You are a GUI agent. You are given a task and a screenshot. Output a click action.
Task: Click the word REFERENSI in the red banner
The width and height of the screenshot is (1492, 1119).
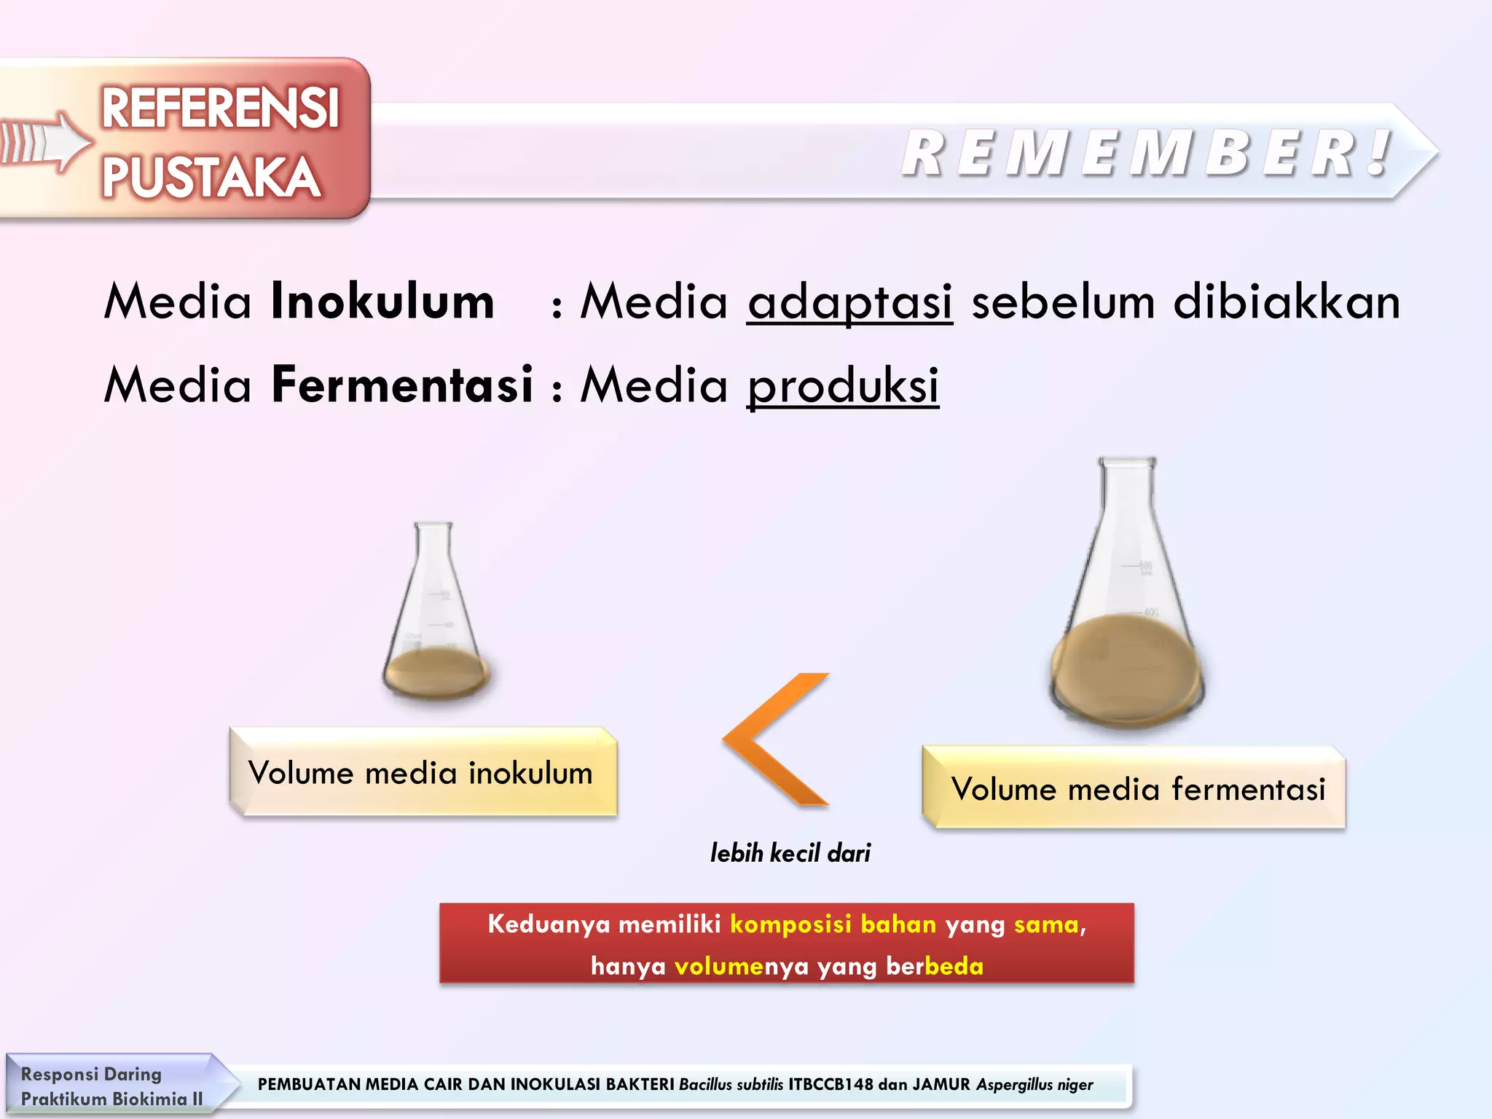click(x=220, y=109)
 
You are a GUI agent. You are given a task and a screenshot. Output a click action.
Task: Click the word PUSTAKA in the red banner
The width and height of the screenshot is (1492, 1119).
click(x=211, y=177)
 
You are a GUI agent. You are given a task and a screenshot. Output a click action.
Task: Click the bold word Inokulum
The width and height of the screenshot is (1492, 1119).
click(x=382, y=302)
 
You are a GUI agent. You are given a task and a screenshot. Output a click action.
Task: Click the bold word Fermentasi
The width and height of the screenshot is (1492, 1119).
click(x=402, y=385)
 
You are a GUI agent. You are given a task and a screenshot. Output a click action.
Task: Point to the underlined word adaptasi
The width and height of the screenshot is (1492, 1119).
click(x=849, y=302)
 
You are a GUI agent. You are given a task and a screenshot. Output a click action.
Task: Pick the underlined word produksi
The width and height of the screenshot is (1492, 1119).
click(x=843, y=385)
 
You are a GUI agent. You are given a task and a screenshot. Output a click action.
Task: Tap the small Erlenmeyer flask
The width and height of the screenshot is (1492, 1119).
click(x=436, y=612)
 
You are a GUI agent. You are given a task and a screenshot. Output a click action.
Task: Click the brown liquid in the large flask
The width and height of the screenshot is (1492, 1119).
click(x=1126, y=667)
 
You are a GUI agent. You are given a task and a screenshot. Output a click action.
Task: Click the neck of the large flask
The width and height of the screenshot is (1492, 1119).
click(x=1126, y=503)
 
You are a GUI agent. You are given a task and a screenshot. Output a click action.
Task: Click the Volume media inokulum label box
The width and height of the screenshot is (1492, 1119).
click(x=423, y=772)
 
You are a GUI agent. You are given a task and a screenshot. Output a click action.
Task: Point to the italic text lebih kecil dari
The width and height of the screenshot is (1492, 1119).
click(x=790, y=852)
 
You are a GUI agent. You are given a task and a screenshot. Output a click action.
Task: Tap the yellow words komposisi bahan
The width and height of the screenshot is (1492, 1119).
click(x=833, y=924)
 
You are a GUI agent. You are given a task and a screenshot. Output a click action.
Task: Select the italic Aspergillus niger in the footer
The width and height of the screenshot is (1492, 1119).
click(x=1034, y=1084)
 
